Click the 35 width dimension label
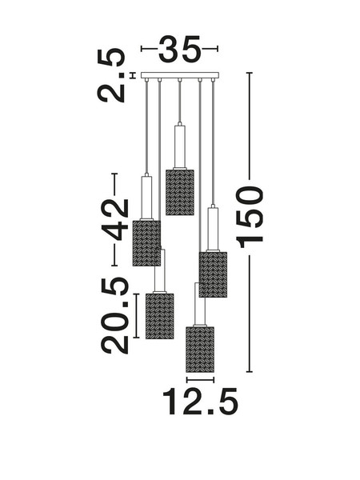[x=180, y=49]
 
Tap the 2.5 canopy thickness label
[x=112, y=75]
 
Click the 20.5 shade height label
[x=114, y=316]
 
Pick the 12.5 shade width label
[x=200, y=402]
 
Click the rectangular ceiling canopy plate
[x=180, y=75]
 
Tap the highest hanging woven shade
[x=180, y=193]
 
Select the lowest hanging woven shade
[x=200, y=350]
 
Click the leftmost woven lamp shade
[x=146, y=243]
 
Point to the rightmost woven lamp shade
[x=213, y=274]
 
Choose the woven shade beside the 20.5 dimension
[x=159, y=316]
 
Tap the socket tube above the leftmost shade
[x=146, y=197]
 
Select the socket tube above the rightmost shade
[x=213, y=228]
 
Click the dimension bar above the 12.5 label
[x=200, y=380]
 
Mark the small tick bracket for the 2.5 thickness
[x=133, y=75]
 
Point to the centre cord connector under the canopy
[x=180, y=80]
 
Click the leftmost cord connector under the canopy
[x=147, y=80]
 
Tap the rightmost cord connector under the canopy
[x=213, y=80]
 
